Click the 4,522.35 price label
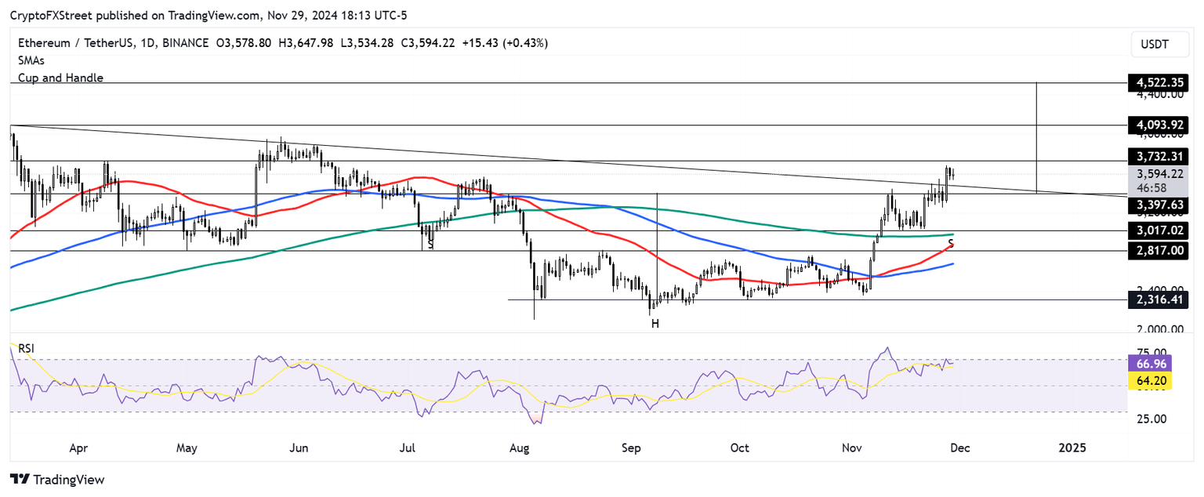(1157, 82)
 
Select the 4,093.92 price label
(1157, 125)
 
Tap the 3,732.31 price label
(1157, 156)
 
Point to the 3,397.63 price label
(1157, 205)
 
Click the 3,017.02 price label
(1157, 231)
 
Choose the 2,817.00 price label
(1157, 251)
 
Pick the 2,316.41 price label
(1157, 299)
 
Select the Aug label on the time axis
(520, 448)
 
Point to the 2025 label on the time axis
(1072, 448)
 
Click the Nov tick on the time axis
(852, 448)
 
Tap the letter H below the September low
(654, 323)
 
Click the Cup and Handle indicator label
(60, 78)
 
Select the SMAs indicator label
(32, 60)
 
